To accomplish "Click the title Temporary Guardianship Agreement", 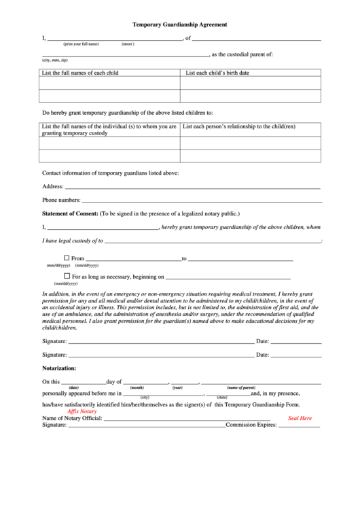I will click(x=179, y=24).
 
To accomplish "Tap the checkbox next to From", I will click(x=67, y=258).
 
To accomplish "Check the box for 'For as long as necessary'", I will click(x=67, y=277).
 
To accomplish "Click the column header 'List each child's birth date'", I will click(x=217, y=72).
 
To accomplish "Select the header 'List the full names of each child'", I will click(x=80, y=72).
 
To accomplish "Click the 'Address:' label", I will click(x=53, y=186).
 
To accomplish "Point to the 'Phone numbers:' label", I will click(x=61, y=200).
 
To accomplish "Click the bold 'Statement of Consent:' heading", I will click(x=70, y=213).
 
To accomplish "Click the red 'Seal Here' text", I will click(x=300, y=418).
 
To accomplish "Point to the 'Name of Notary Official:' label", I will click(x=72, y=418).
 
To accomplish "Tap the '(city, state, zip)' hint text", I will click(x=55, y=60).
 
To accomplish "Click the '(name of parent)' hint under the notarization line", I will click(x=241, y=387).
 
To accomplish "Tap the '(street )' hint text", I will click(x=128, y=43).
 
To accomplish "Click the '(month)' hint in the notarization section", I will click(x=137, y=387).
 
